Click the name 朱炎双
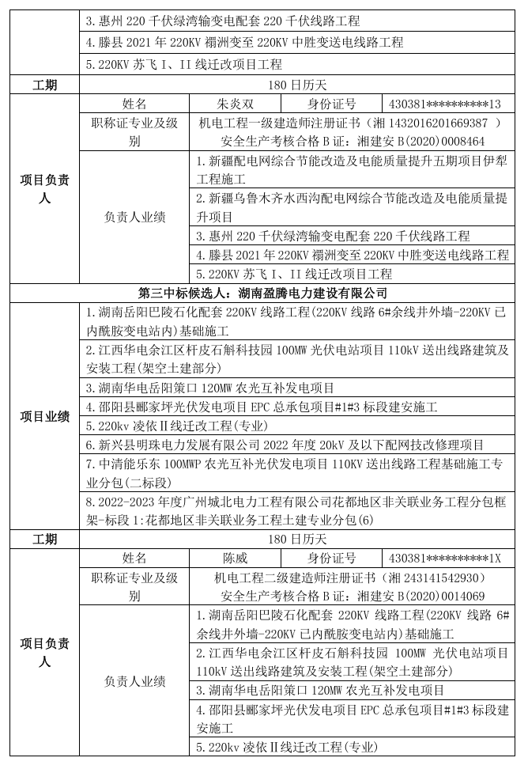[x=236, y=104]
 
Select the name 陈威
[x=236, y=559]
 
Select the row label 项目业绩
[x=44, y=416]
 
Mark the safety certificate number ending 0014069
[x=454, y=597]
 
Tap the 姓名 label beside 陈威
[x=134, y=559]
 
